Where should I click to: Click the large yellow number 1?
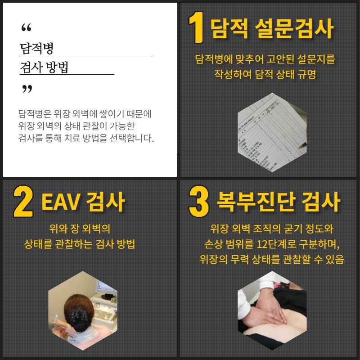click(196, 27)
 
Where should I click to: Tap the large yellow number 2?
click(23, 201)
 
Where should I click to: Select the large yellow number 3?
click(199, 201)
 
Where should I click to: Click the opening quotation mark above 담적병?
click(26, 27)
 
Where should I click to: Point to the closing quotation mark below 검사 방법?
click(27, 89)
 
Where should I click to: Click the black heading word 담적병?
click(37, 48)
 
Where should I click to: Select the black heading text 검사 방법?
click(44, 67)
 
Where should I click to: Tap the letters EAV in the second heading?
click(61, 202)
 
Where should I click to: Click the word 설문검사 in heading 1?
click(294, 28)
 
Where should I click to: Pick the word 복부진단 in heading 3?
click(256, 202)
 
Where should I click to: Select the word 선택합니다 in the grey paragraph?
click(131, 138)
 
